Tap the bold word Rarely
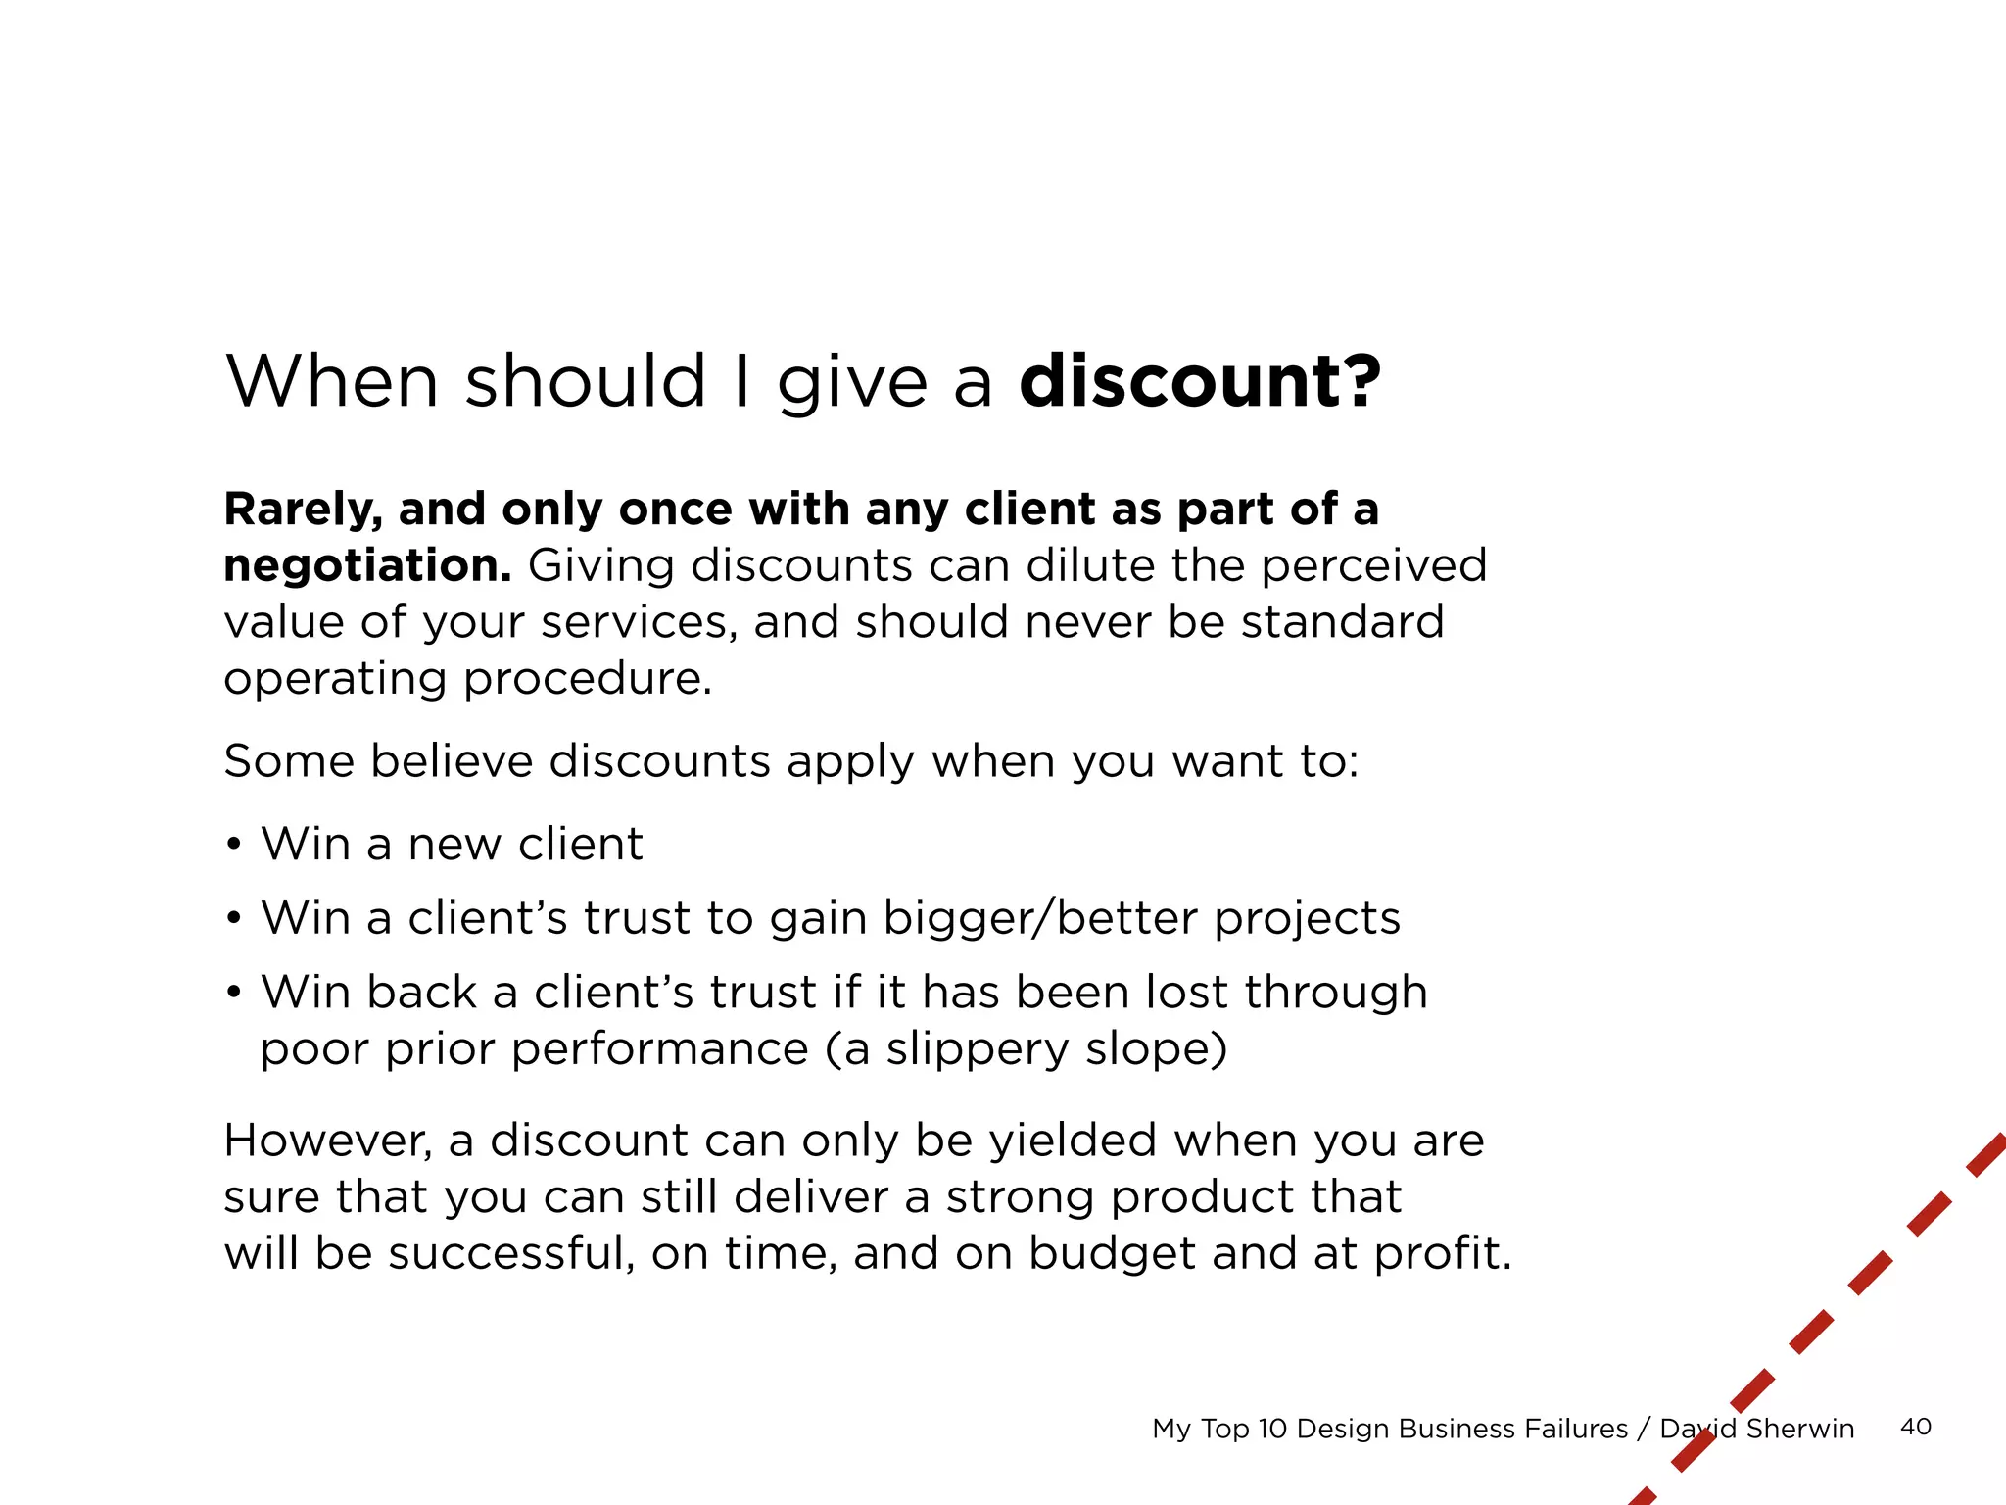pyautogui.click(x=302, y=510)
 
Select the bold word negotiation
pyautogui.click(x=367, y=566)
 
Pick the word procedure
pyautogui.click(x=587, y=678)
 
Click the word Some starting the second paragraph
pyautogui.click(x=289, y=761)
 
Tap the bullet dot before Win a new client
pyautogui.click(x=233, y=844)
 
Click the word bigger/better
pyautogui.click(x=1039, y=918)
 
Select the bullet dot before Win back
pyautogui.click(x=233, y=993)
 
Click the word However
pyautogui.click(x=327, y=1141)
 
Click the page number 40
pyautogui.click(x=1916, y=1427)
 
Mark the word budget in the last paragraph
pyautogui.click(x=1112, y=1254)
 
